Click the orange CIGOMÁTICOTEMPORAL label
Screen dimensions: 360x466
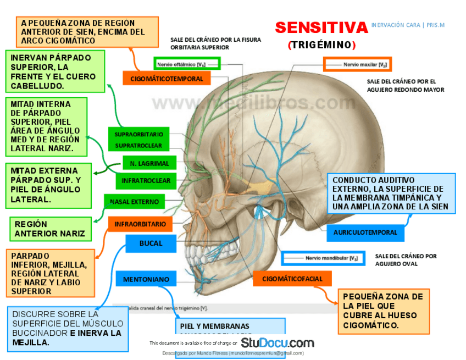click(167, 79)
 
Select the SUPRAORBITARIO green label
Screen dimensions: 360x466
click(139, 134)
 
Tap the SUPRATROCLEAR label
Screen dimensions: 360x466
click(139, 146)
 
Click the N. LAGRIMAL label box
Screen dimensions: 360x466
click(149, 163)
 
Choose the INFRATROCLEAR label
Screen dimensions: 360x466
click(146, 180)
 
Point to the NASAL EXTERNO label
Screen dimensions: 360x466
click(134, 202)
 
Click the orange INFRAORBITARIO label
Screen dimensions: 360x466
click(140, 224)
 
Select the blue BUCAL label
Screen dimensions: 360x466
click(151, 243)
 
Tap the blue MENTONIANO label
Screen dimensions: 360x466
click(146, 279)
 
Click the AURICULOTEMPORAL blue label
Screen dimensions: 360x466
click(365, 232)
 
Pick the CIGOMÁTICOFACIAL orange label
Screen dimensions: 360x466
click(292, 279)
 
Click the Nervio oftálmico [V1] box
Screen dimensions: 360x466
click(187, 64)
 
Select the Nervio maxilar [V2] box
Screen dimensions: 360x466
click(357, 64)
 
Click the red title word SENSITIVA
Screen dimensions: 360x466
click(321, 27)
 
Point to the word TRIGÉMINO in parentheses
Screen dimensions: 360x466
click(322, 45)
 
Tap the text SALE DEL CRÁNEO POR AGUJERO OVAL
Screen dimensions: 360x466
click(406, 259)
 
